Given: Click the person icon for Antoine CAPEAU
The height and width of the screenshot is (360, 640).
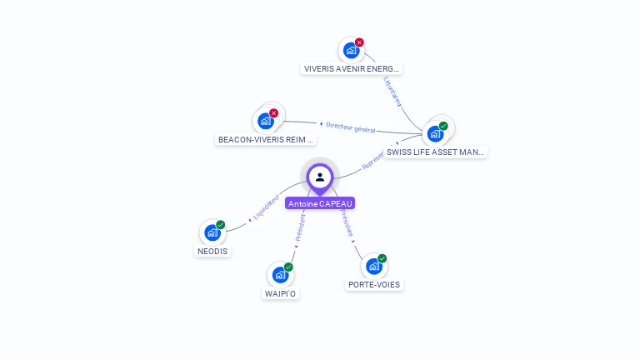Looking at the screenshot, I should click(x=320, y=177).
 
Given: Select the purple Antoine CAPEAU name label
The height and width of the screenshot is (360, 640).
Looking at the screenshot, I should click(x=320, y=203).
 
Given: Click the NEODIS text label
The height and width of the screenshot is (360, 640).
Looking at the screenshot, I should click(x=212, y=251).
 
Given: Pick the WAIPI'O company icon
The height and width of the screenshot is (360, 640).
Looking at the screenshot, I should click(x=280, y=274).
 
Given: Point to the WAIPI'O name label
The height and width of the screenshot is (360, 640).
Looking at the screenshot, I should click(x=280, y=293).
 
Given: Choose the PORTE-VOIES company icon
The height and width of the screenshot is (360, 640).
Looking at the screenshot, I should click(x=373, y=266).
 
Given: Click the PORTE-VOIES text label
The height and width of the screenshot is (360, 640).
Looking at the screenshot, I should click(x=373, y=284).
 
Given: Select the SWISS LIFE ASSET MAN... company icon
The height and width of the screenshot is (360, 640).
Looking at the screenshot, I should click(x=435, y=133).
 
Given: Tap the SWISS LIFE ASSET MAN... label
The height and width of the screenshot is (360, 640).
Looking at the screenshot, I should click(x=436, y=152).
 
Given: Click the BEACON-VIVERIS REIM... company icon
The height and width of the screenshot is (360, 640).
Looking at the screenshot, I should click(x=266, y=122).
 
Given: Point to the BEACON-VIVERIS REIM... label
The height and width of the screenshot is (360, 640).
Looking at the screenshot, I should click(x=266, y=140).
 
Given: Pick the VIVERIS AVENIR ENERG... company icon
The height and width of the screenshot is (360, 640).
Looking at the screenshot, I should click(x=351, y=50).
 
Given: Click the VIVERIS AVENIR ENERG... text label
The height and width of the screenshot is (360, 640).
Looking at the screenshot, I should click(x=352, y=68).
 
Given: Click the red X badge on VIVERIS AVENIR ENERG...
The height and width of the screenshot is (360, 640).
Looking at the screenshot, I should click(x=359, y=42).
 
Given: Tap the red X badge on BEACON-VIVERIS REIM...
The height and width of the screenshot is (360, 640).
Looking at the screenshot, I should click(x=274, y=113).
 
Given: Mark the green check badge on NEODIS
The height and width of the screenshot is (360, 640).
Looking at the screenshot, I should click(x=221, y=225).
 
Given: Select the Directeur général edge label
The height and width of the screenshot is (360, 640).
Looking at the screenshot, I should click(x=350, y=127).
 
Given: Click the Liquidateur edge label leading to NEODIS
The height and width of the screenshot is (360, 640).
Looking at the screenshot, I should click(x=265, y=207).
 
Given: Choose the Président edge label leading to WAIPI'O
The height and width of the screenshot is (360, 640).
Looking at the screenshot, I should click(x=301, y=226).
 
